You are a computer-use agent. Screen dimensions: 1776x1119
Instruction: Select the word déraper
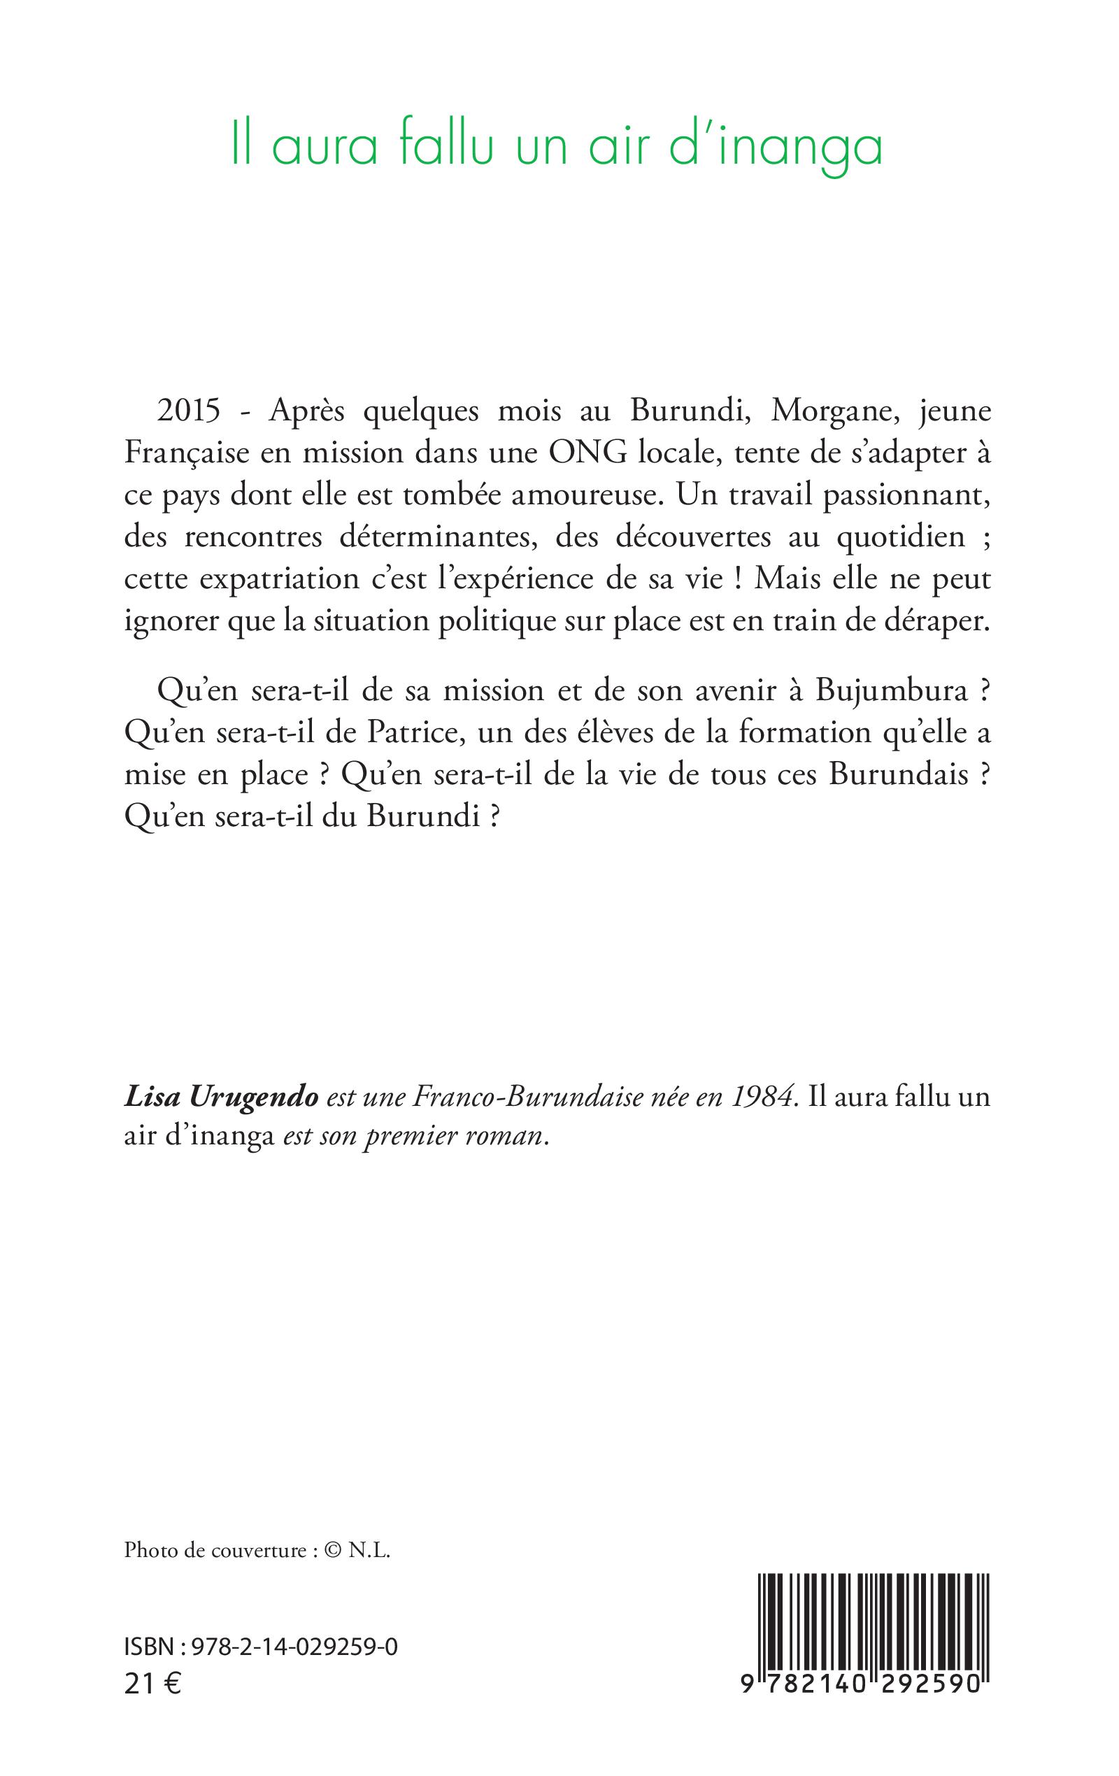tap(934, 622)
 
